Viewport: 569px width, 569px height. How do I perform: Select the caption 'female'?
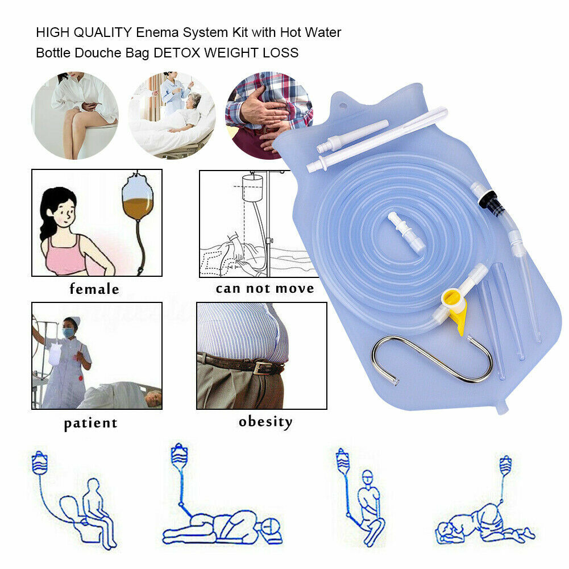click(x=94, y=289)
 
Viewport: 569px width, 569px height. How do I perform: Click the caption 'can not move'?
click(x=265, y=288)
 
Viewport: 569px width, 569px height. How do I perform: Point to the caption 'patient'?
click(x=90, y=423)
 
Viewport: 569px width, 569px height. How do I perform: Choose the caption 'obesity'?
click(x=265, y=422)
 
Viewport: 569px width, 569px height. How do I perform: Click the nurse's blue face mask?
click(x=69, y=331)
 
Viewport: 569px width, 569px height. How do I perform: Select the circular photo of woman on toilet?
click(x=74, y=115)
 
